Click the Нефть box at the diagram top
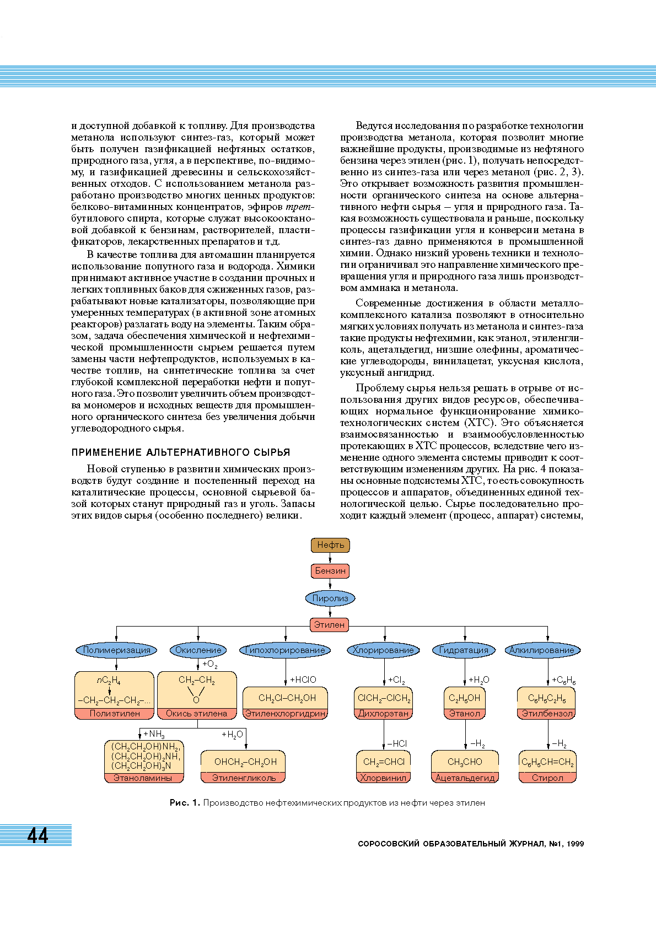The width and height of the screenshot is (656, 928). click(x=330, y=545)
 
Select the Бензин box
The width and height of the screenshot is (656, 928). click(x=330, y=571)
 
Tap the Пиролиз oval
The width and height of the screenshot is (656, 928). click(x=330, y=598)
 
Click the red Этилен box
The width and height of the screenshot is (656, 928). click(x=330, y=625)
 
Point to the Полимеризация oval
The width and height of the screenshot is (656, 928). click(x=116, y=650)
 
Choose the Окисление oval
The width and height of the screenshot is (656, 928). click(x=198, y=650)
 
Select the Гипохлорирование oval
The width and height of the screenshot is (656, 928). click(x=285, y=650)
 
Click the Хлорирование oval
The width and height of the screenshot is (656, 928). click(x=383, y=650)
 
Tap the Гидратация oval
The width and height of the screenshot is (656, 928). click(x=464, y=650)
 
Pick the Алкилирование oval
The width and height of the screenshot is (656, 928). click(x=542, y=650)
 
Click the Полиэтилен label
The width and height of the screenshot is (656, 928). click(x=115, y=714)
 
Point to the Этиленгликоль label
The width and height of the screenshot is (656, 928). click(x=244, y=778)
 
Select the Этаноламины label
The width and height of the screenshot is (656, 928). click(x=143, y=778)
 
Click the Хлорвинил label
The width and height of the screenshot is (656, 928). click(x=383, y=778)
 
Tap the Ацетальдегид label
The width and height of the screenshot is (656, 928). click(x=465, y=778)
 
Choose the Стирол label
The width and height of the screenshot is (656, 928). click(x=547, y=778)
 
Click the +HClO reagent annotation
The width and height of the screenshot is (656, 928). click(x=303, y=680)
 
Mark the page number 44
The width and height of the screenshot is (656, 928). click(x=37, y=836)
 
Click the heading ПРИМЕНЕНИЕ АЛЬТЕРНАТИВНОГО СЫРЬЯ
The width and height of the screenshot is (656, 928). click(x=181, y=452)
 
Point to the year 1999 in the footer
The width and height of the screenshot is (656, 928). click(x=574, y=844)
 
